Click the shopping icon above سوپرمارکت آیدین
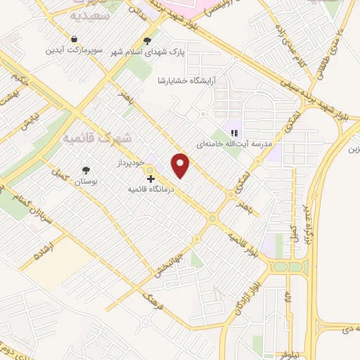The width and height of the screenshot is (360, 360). pos(73,38)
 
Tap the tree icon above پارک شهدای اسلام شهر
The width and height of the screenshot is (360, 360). pos(147,41)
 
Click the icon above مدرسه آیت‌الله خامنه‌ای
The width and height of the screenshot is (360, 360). pos(235,131)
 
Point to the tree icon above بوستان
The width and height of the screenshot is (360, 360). pos(86,170)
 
